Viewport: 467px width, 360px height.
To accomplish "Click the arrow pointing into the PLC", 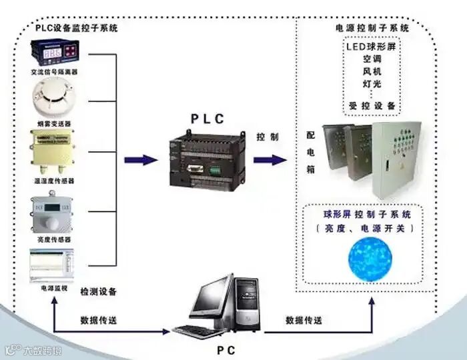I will click(x=141, y=160).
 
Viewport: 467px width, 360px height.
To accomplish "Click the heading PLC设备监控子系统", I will click(x=76, y=28).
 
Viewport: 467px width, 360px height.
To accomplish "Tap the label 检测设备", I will click(x=99, y=291).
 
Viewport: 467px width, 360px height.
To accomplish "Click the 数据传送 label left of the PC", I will click(x=99, y=320).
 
